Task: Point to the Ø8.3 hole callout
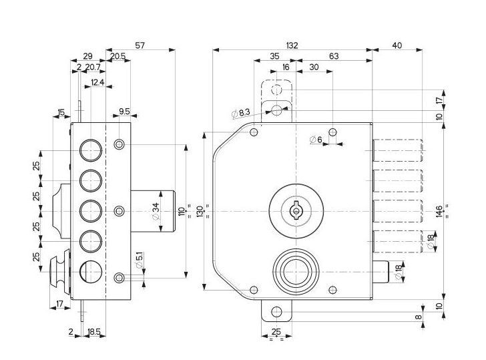click(x=241, y=114)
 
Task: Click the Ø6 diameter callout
click(x=316, y=140)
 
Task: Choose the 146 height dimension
click(x=439, y=211)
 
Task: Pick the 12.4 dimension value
click(x=97, y=82)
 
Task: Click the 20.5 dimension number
click(x=118, y=57)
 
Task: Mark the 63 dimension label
click(x=334, y=57)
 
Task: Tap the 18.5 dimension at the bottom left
click(x=94, y=331)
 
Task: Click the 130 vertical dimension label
click(x=199, y=211)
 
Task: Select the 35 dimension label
click(x=274, y=57)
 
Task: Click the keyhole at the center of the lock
click(x=294, y=211)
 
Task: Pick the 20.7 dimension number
click(x=93, y=67)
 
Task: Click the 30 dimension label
click(x=313, y=67)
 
